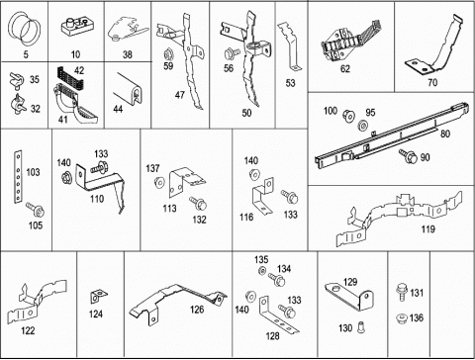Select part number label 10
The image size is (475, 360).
(75, 54)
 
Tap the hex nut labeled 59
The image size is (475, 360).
(168, 53)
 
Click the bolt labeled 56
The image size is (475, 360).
(232, 52)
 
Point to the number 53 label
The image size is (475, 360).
(290, 83)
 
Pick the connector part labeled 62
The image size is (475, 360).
(351, 42)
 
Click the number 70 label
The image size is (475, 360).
(432, 82)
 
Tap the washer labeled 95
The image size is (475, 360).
(363, 126)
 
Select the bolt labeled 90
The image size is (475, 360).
(408, 155)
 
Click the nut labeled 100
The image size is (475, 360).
(348, 115)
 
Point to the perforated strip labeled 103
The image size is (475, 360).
(18, 177)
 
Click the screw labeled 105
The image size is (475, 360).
(36, 210)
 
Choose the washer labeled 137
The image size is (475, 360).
(159, 182)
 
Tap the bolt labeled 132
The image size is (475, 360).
(198, 204)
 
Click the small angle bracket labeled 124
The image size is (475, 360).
(98, 296)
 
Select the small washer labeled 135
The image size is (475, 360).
(262, 271)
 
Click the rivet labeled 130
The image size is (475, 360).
(360, 326)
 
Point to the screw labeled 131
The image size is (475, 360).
(401, 292)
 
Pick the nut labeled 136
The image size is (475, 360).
(401, 318)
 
